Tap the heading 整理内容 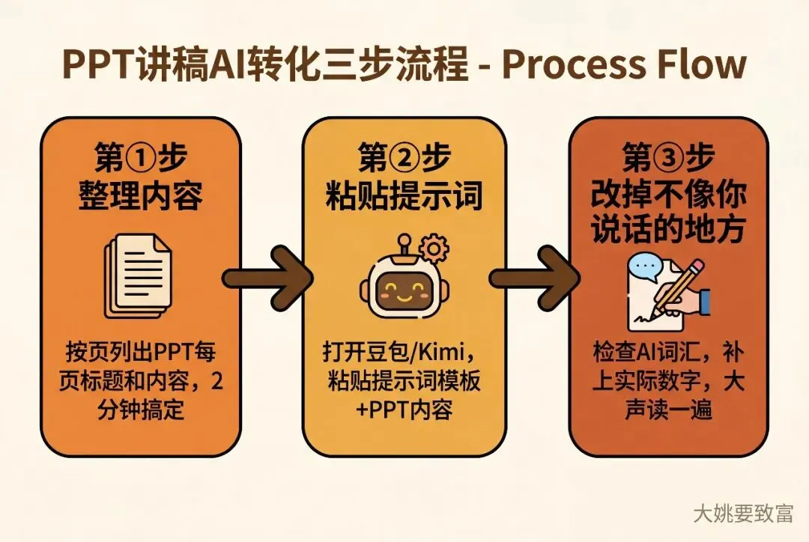pos(140,195)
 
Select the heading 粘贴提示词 pos(404,195)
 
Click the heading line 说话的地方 pos(668,228)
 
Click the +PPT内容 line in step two pos(404,409)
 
